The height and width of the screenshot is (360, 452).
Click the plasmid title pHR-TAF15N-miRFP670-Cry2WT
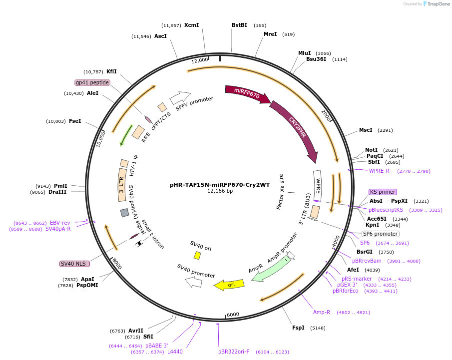[220, 185]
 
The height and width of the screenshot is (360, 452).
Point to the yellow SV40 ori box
[197, 256]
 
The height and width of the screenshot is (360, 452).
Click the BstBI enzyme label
[239, 25]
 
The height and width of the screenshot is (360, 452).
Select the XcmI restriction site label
[191, 25]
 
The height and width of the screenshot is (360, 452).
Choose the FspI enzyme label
[298, 328]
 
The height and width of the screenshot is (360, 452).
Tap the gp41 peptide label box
[92, 82]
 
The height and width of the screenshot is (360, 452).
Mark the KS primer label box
[383, 192]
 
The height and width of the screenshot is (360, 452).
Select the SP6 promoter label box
[380, 234]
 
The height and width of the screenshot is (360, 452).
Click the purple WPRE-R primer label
[379, 171]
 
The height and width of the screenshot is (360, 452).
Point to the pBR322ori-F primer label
[234, 352]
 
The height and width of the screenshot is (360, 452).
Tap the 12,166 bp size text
[220, 191]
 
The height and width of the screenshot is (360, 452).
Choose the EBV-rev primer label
[60, 223]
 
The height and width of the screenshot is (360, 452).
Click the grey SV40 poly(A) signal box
[124, 213]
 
